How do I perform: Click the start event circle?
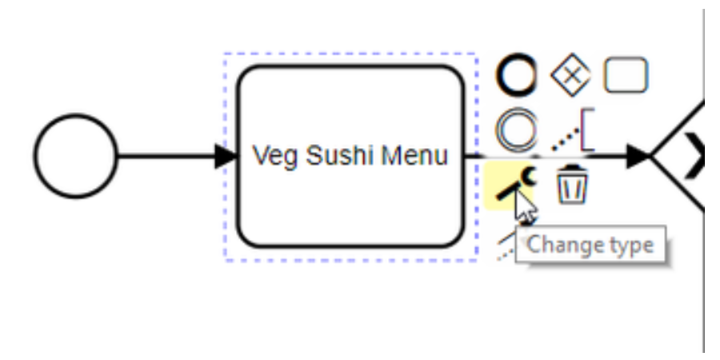pos(75,157)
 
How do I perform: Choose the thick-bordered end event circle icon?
pos(516,76)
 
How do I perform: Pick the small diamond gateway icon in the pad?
pos(570,76)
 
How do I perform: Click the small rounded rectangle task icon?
pos(626,76)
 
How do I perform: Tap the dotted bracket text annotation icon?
pos(574,134)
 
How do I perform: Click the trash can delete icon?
pos(571,185)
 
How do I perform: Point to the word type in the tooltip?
pos(624,245)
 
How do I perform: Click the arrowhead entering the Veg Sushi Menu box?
pos(226,157)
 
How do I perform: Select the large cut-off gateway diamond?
pos(684,157)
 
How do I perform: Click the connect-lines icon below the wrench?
pos(507,243)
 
